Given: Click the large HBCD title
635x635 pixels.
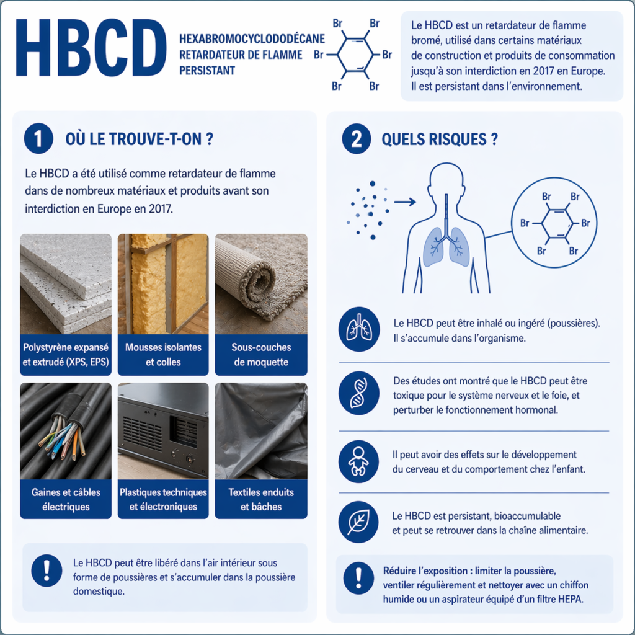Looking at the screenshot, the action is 91,47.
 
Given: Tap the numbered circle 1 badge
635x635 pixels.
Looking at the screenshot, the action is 38,138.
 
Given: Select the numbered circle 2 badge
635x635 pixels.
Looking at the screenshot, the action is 357,138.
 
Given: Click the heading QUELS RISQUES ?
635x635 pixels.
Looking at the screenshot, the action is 440,139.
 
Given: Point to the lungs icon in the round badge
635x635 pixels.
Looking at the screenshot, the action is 359,329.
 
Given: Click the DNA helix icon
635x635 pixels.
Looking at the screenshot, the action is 359,393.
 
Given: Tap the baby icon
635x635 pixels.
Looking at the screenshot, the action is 359,461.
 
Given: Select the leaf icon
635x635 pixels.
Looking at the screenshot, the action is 358,522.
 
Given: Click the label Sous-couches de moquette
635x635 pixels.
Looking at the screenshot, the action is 261,354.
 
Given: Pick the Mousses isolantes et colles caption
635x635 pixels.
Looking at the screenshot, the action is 163,354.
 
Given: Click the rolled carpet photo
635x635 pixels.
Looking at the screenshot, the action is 261,284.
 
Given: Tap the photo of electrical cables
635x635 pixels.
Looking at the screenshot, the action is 66,431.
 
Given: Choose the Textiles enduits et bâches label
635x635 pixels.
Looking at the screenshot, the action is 261,499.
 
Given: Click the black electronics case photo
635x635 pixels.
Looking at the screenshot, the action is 163,431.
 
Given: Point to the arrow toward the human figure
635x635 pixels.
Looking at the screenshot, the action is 405,202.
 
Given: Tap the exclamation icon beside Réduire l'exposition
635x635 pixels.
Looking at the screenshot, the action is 358,578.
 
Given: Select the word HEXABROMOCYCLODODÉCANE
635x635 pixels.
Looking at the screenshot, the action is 252,39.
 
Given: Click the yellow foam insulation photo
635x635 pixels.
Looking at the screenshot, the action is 163,284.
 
